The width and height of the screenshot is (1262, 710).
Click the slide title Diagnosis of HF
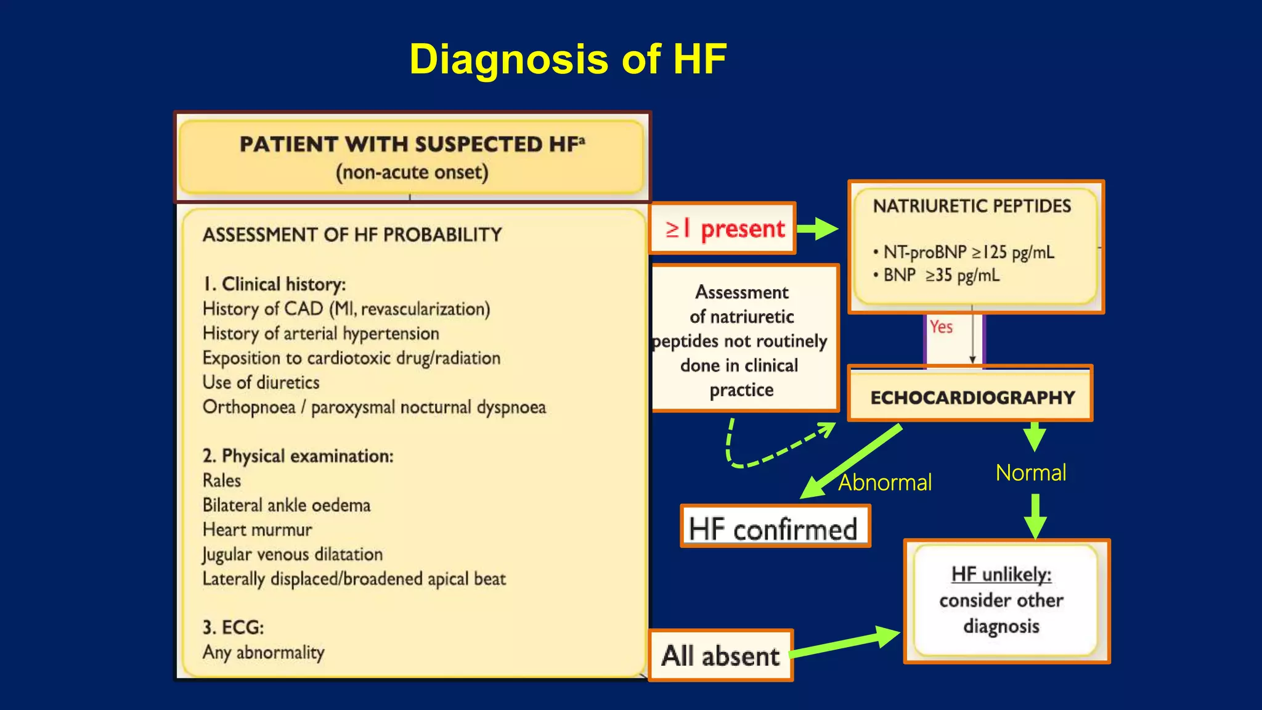click(x=568, y=60)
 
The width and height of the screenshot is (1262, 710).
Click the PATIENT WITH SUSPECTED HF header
click(x=411, y=144)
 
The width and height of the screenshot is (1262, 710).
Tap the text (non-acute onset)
click(x=412, y=172)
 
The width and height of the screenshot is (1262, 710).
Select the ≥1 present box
click(x=722, y=229)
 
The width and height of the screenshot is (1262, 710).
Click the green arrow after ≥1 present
click(x=818, y=229)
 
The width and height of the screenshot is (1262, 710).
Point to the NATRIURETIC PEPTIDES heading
click(x=972, y=206)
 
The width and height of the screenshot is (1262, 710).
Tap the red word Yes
click(x=941, y=327)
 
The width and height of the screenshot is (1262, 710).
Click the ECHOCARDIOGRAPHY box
click(x=971, y=397)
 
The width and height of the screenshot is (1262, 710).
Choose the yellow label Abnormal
click(x=885, y=483)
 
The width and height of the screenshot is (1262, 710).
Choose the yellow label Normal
click(x=1030, y=473)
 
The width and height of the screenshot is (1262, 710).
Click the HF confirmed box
click(x=774, y=528)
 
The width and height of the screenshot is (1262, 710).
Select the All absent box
click(x=720, y=656)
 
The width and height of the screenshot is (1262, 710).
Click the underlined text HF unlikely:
click(x=1001, y=574)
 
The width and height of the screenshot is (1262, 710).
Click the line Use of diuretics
click(x=261, y=383)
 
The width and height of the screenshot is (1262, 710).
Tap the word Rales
click(x=222, y=481)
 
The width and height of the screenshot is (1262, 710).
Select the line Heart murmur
click(x=258, y=530)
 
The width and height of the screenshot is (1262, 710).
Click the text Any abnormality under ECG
click(x=264, y=653)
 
